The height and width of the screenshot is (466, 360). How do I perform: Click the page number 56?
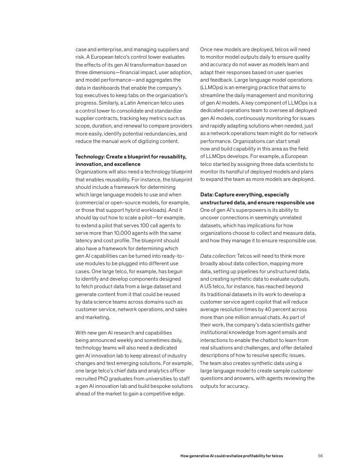321,455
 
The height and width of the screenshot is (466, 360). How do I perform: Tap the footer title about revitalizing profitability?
232,455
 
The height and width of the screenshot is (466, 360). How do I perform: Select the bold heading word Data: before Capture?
207,195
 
